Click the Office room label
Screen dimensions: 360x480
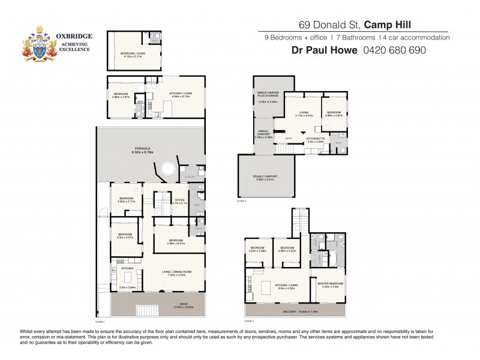[x=179, y=201]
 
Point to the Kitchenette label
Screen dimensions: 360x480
[x=316, y=140]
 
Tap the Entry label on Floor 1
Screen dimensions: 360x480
[x=289, y=139]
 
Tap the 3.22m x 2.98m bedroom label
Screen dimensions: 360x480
[x=257, y=249]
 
